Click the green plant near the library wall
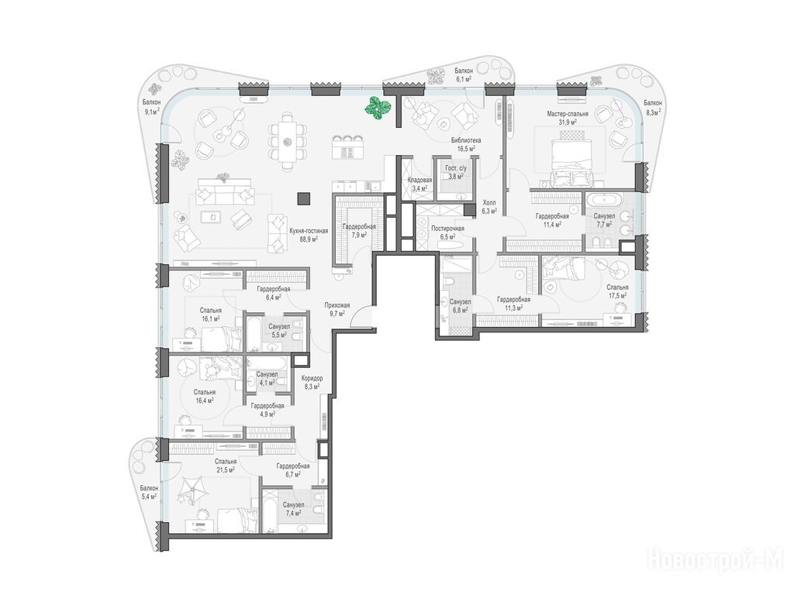tap(378, 108)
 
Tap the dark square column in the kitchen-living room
tap(304, 199)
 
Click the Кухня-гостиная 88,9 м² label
tap(309, 236)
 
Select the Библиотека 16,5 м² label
tap(466, 144)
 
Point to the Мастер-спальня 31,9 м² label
tap(567, 118)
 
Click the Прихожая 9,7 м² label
tap(337, 309)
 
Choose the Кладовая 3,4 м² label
tap(419, 184)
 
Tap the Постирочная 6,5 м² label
tap(447, 232)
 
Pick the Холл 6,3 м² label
tap(489, 206)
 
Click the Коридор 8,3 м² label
tap(312, 383)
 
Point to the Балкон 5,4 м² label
tap(149, 492)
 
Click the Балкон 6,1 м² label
tap(464, 75)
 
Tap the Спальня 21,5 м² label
tap(226, 466)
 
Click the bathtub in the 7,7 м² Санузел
tap(602, 199)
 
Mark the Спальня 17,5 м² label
tap(617, 291)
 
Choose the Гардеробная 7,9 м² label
tap(358, 231)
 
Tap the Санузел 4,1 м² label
tap(267, 378)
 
